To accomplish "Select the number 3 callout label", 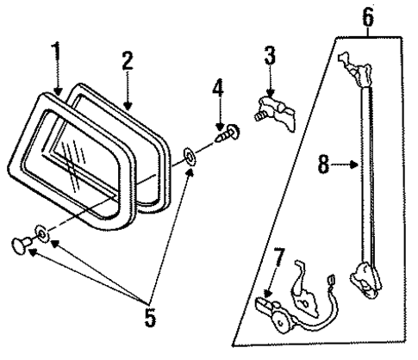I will pos(269,59).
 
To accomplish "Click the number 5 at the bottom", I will pos(149,318).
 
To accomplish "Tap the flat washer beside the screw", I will pos(189,156).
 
